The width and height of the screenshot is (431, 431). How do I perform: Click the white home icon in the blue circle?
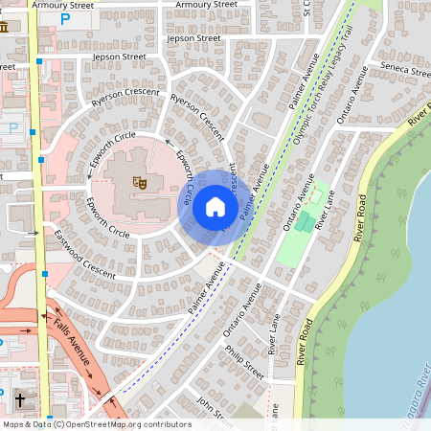click(x=215, y=206)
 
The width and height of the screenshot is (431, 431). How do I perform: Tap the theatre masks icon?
click(x=139, y=179)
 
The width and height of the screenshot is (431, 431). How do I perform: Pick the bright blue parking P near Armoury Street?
click(x=65, y=17)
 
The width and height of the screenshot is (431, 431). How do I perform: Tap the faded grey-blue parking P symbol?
click(x=12, y=127)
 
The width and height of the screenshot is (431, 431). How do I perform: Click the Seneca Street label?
click(x=406, y=71)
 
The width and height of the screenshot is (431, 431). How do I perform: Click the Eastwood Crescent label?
click(x=84, y=254)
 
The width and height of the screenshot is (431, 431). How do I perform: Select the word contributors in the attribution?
click(x=164, y=423)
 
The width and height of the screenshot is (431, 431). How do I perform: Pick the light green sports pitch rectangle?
click(x=297, y=230)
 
